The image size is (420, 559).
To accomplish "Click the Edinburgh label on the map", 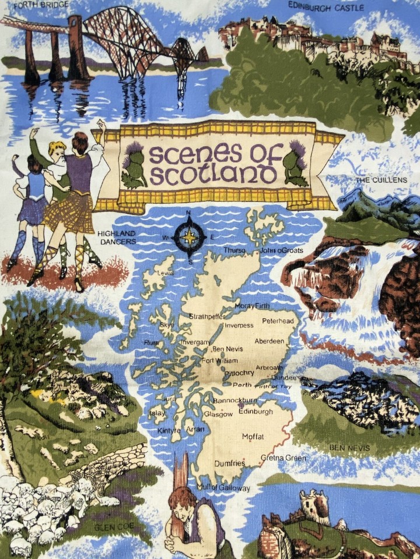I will click(256, 412).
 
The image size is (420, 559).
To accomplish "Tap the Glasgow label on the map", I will click(218, 414).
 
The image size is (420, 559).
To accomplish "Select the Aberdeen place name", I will click(269, 341).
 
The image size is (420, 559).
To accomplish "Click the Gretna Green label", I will click(283, 458).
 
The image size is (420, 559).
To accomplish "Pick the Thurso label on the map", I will click(235, 250).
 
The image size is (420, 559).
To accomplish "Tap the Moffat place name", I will click(253, 437).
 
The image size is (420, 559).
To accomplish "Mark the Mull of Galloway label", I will click(223, 488).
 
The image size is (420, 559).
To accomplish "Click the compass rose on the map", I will click(190, 237).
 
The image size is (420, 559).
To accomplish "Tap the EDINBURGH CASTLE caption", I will click(326, 8).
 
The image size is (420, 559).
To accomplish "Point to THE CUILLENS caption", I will click(381, 181).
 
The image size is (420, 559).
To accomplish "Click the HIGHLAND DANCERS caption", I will click(117, 237).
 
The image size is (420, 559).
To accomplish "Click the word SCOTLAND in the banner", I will click(212, 174).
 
